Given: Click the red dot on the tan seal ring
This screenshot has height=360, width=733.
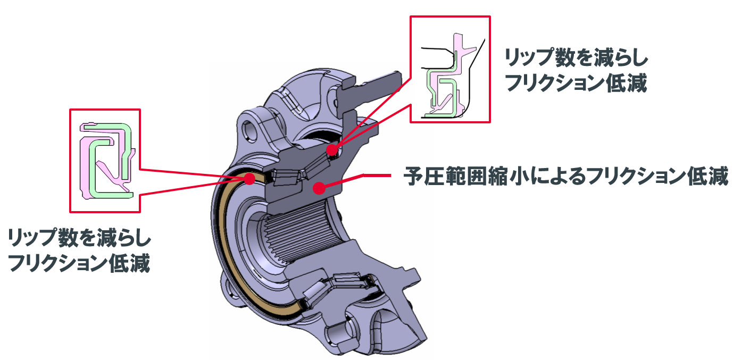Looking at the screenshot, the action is (x=248, y=179).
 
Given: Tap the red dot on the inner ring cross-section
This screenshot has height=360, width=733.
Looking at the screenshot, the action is (x=319, y=187).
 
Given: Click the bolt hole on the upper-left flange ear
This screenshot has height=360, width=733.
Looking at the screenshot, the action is (x=249, y=127).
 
